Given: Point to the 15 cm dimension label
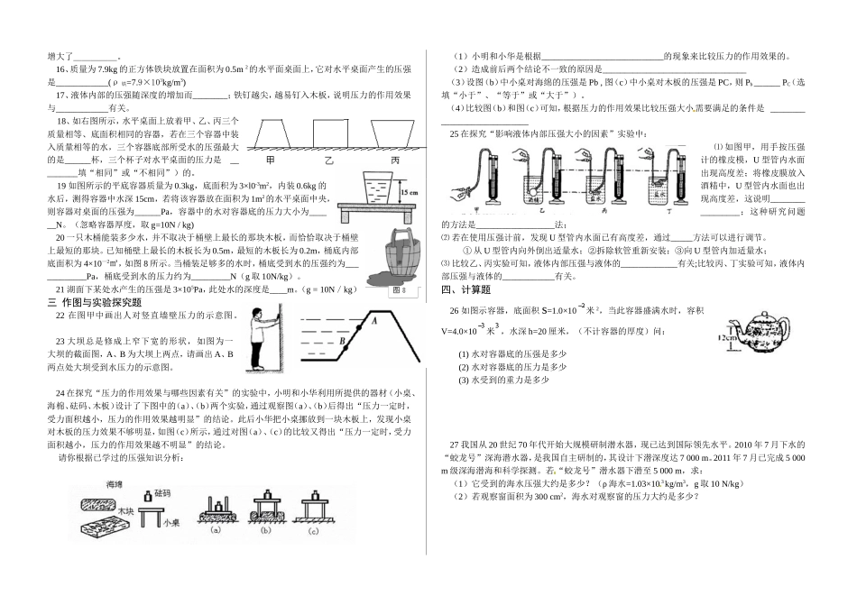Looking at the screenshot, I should [407, 191].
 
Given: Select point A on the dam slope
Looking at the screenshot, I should [372, 320].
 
